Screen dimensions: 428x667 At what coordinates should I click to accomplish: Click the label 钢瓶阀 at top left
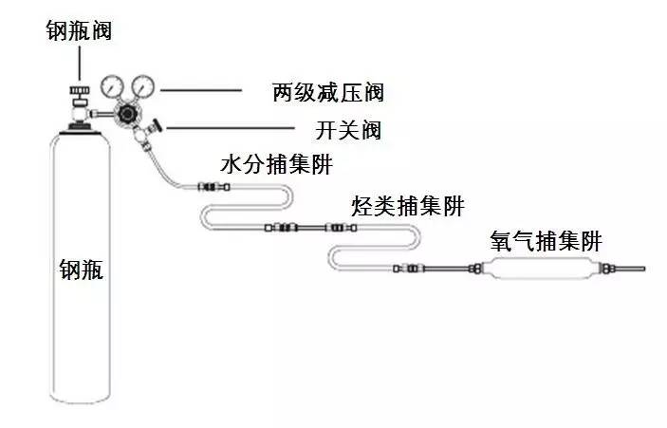80,30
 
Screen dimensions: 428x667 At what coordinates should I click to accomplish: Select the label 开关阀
346,130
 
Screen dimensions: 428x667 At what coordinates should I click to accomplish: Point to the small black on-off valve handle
157,123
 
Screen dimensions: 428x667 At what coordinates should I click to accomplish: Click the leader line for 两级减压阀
203,91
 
